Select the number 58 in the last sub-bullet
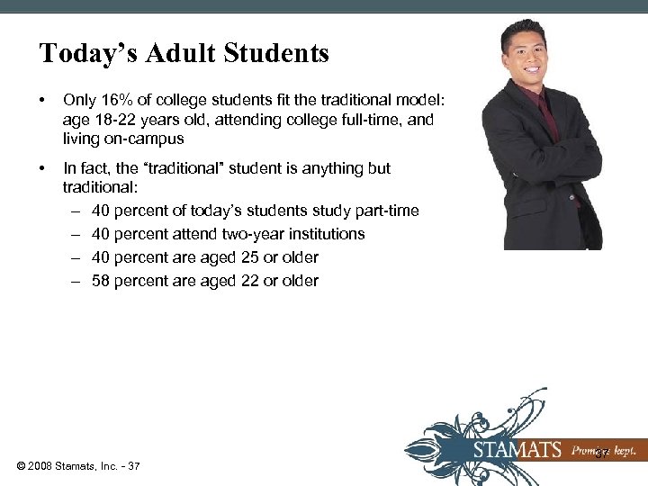click(x=101, y=281)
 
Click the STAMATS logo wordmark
click(x=518, y=451)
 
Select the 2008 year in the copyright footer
click(x=44, y=465)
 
